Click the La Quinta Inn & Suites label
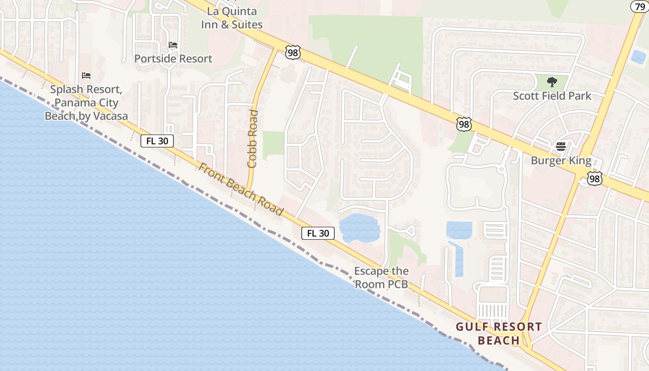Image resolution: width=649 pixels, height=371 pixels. click(232, 18)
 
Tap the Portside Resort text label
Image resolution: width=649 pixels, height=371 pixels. click(173, 59)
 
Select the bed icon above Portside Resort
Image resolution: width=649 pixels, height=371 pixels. click(173, 45)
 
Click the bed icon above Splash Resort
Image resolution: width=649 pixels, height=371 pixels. click(86, 75)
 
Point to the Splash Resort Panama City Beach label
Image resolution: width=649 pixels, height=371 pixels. click(86, 102)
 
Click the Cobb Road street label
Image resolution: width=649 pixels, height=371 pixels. click(253, 138)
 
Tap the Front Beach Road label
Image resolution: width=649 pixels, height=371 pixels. click(241, 189)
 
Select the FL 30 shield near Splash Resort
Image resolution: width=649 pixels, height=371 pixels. click(157, 141)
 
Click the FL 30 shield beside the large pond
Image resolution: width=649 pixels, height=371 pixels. click(318, 233)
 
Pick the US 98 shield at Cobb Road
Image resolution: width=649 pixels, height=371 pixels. click(293, 53)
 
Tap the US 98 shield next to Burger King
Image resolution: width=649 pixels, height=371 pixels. click(594, 179)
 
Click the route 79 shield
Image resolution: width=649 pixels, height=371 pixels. click(639, 6)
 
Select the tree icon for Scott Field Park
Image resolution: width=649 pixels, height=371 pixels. click(552, 82)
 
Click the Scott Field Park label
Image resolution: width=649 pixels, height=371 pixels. click(552, 96)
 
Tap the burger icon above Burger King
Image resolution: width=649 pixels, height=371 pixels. click(561, 147)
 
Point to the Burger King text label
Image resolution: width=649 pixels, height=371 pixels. click(561, 161)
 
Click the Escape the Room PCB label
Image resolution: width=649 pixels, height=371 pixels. click(382, 277)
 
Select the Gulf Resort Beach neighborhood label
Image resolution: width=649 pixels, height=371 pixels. click(499, 333)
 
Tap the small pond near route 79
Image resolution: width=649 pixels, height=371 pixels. click(638, 57)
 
